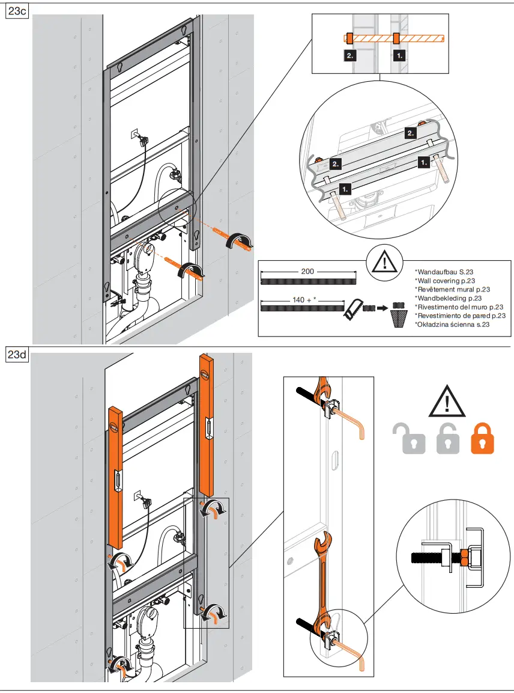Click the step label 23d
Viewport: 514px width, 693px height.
coord(16,355)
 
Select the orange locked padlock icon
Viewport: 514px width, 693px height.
coord(483,438)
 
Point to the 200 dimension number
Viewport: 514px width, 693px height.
coord(307,271)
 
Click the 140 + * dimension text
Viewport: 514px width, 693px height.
coord(305,299)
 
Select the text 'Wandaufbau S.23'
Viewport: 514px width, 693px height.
coord(440,272)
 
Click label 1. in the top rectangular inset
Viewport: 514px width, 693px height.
coord(399,55)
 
